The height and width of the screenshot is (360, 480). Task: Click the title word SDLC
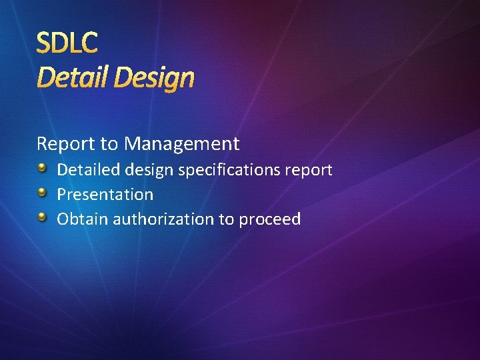pos(67,43)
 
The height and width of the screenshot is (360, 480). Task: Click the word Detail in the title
pos(73,77)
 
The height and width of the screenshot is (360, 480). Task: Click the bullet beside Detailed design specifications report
pos(42,168)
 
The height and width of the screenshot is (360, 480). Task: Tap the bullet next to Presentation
pos(42,193)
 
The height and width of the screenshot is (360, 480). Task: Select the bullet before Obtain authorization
pos(42,217)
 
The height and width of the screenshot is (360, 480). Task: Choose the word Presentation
pos(105,195)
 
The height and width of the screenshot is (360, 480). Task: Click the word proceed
pos(270,220)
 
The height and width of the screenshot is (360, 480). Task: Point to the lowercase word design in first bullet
pos(147,171)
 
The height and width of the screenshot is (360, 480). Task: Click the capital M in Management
pos(133,143)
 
